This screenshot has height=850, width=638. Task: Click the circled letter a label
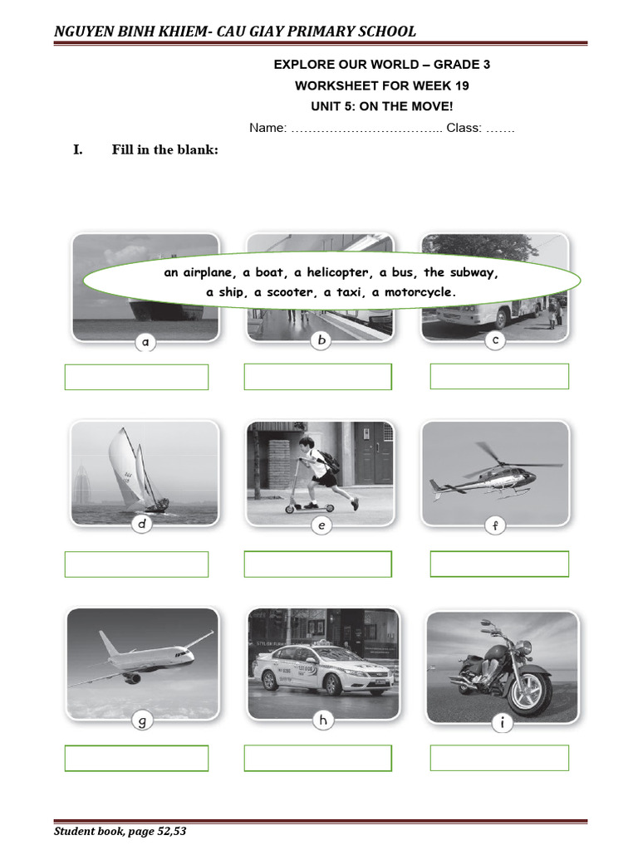[145, 341]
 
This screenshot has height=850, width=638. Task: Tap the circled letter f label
[494, 525]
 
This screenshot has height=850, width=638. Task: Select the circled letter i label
[502, 724]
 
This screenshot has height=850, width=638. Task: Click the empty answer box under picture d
[136, 564]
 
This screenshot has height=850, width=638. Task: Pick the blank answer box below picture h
[317, 758]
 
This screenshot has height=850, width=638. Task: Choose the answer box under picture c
[499, 376]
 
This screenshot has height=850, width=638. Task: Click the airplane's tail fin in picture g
[106, 642]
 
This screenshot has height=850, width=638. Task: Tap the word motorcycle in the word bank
[419, 292]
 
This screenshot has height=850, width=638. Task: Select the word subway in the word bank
[474, 272]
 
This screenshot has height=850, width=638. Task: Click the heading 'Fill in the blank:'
[164, 149]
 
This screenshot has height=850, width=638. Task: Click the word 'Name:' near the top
[267, 128]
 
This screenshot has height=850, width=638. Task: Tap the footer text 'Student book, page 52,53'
[120, 831]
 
